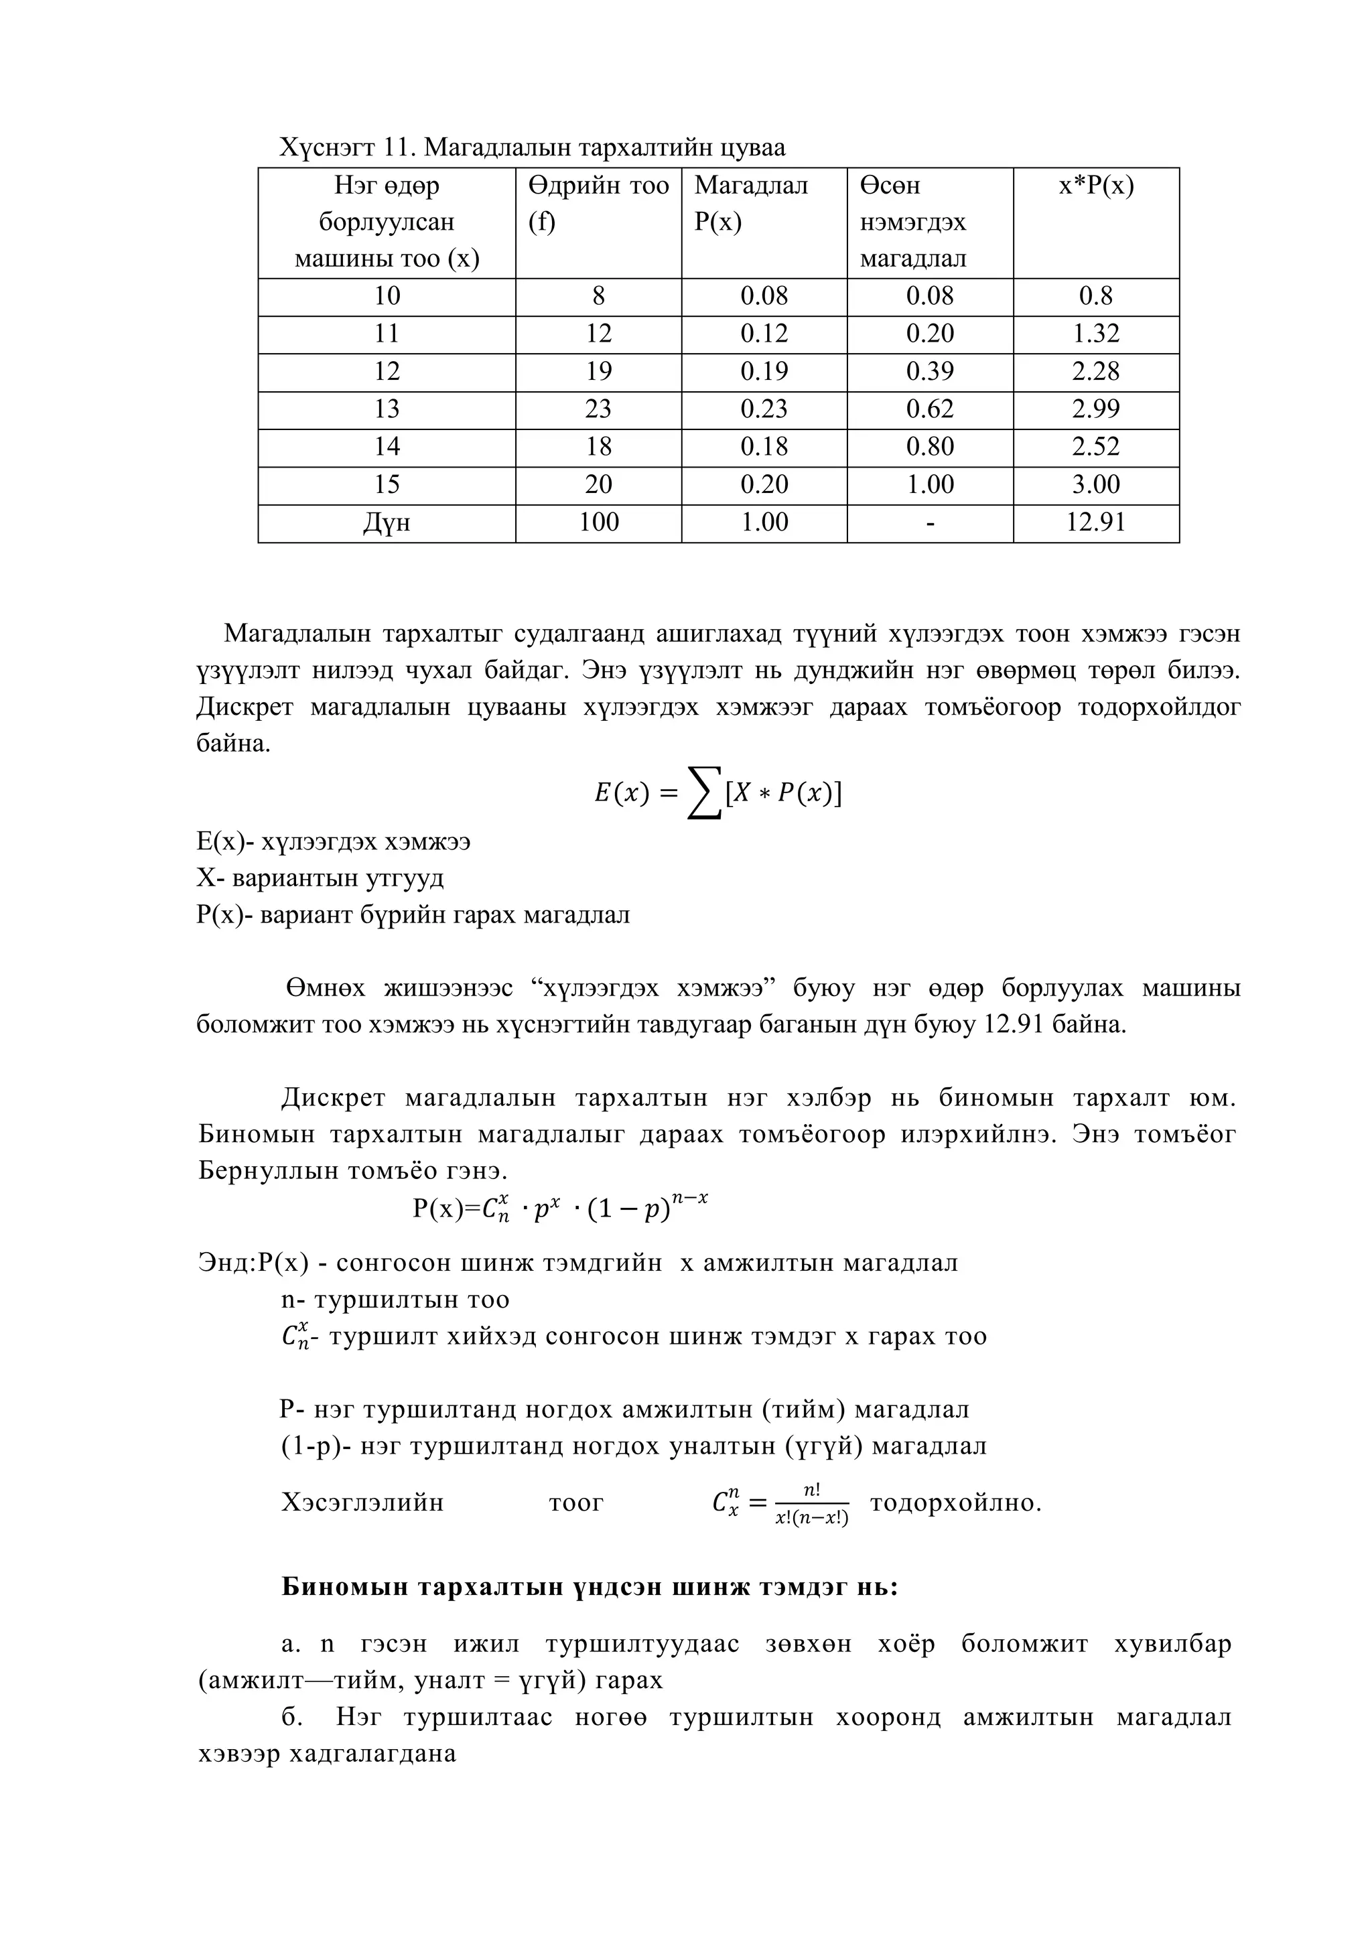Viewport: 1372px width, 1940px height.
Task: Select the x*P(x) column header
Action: (1096, 186)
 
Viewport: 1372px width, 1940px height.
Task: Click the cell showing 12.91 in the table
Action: (1096, 522)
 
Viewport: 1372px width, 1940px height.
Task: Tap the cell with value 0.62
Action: (929, 409)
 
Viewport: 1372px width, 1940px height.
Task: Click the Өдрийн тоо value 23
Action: (598, 409)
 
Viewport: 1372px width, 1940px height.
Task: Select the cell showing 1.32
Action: (1096, 334)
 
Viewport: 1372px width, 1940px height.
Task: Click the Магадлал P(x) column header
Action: (750, 204)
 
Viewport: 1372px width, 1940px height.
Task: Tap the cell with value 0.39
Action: (929, 372)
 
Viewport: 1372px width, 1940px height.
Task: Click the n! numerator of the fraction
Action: (811, 1491)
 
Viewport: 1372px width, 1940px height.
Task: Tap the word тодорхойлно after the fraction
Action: (955, 1503)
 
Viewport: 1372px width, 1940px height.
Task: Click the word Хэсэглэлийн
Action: (362, 1503)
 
